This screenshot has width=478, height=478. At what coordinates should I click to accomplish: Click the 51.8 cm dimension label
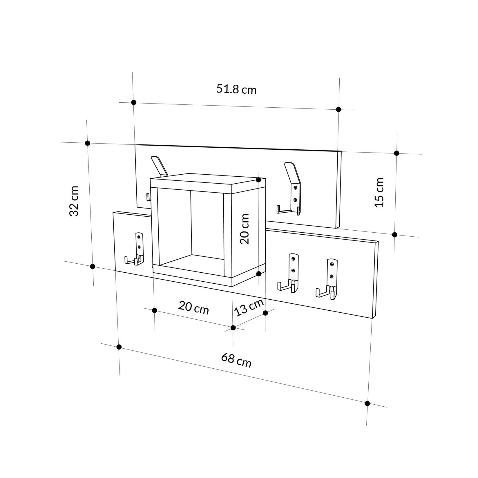pyautogui.click(x=236, y=89)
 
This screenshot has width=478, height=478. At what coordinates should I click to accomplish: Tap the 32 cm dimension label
pyautogui.click(x=74, y=201)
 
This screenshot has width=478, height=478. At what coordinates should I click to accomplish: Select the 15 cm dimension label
pyautogui.click(x=379, y=192)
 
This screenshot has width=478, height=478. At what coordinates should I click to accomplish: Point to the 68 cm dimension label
pyautogui.click(x=236, y=361)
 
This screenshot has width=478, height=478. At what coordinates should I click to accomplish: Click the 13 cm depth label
pyautogui.click(x=249, y=307)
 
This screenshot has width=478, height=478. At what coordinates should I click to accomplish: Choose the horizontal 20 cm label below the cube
pyautogui.click(x=193, y=308)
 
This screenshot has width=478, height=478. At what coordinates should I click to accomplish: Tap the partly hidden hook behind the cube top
pyautogui.click(x=159, y=167)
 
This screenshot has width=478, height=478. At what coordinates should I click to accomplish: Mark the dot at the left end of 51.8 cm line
pyautogui.click(x=134, y=102)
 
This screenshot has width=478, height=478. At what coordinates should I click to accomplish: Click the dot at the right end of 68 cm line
pyautogui.click(x=367, y=403)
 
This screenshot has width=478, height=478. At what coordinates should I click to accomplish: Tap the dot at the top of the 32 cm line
pyautogui.click(x=88, y=143)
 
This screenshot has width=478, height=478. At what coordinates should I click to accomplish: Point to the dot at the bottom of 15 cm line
pyautogui.click(x=394, y=234)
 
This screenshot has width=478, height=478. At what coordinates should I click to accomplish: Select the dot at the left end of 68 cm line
pyautogui.click(x=119, y=347)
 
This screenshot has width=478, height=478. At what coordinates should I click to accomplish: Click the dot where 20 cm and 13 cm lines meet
pyautogui.click(x=233, y=327)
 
